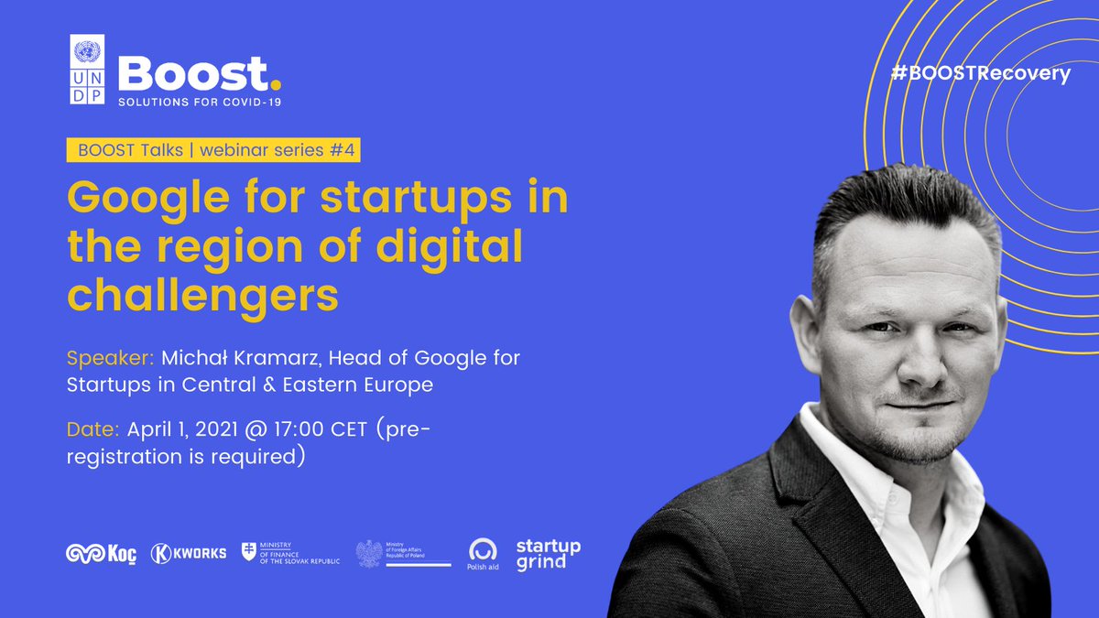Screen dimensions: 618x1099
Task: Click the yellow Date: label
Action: click(x=93, y=428)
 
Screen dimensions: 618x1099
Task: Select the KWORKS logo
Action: click(x=188, y=553)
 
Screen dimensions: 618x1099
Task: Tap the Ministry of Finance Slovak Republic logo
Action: click(x=290, y=553)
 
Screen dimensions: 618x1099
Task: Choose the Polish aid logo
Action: click(x=483, y=553)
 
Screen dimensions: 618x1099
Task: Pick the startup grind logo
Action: click(x=548, y=553)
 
